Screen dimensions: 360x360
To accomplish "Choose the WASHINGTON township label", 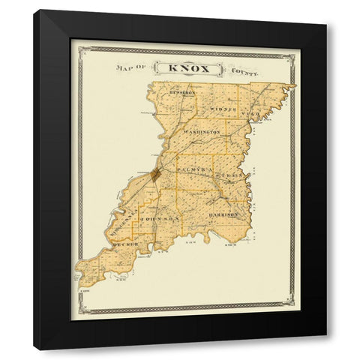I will (198, 131).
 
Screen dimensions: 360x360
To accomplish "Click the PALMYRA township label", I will (190, 172).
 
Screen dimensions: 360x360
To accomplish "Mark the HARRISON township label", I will (223, 214).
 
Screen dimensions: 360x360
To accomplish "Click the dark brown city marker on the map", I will (155, 175).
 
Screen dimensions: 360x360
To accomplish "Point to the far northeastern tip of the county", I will (295, 85).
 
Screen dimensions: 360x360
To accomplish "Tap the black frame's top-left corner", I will (34, 10).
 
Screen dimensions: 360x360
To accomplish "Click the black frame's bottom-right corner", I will (325, 349).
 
